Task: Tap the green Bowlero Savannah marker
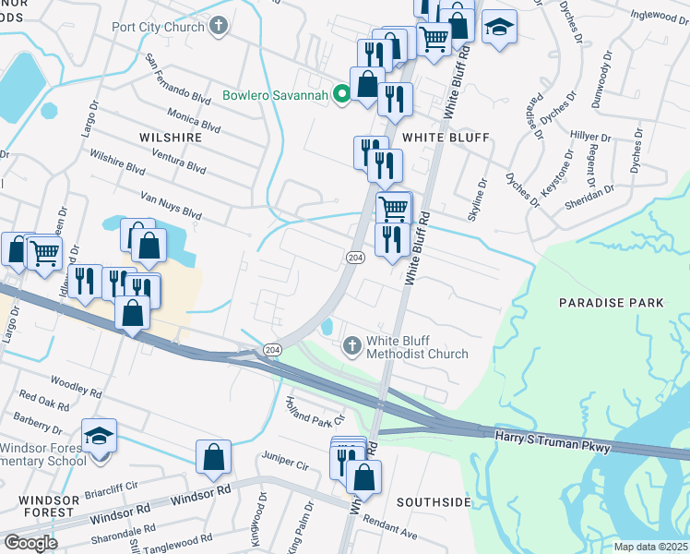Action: (x=339, y=94)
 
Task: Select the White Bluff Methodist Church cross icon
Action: (x=351, y=346)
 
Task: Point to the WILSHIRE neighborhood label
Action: (x=170, y=137)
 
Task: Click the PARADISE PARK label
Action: (x=612, y=303)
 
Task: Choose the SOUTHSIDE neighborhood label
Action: (x=433, y=502)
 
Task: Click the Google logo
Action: (x=30, y=542)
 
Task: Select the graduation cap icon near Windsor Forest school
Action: (x=100, y=437)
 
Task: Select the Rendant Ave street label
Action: (x=389, y=525)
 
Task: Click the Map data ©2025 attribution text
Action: (x=651, y=547)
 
